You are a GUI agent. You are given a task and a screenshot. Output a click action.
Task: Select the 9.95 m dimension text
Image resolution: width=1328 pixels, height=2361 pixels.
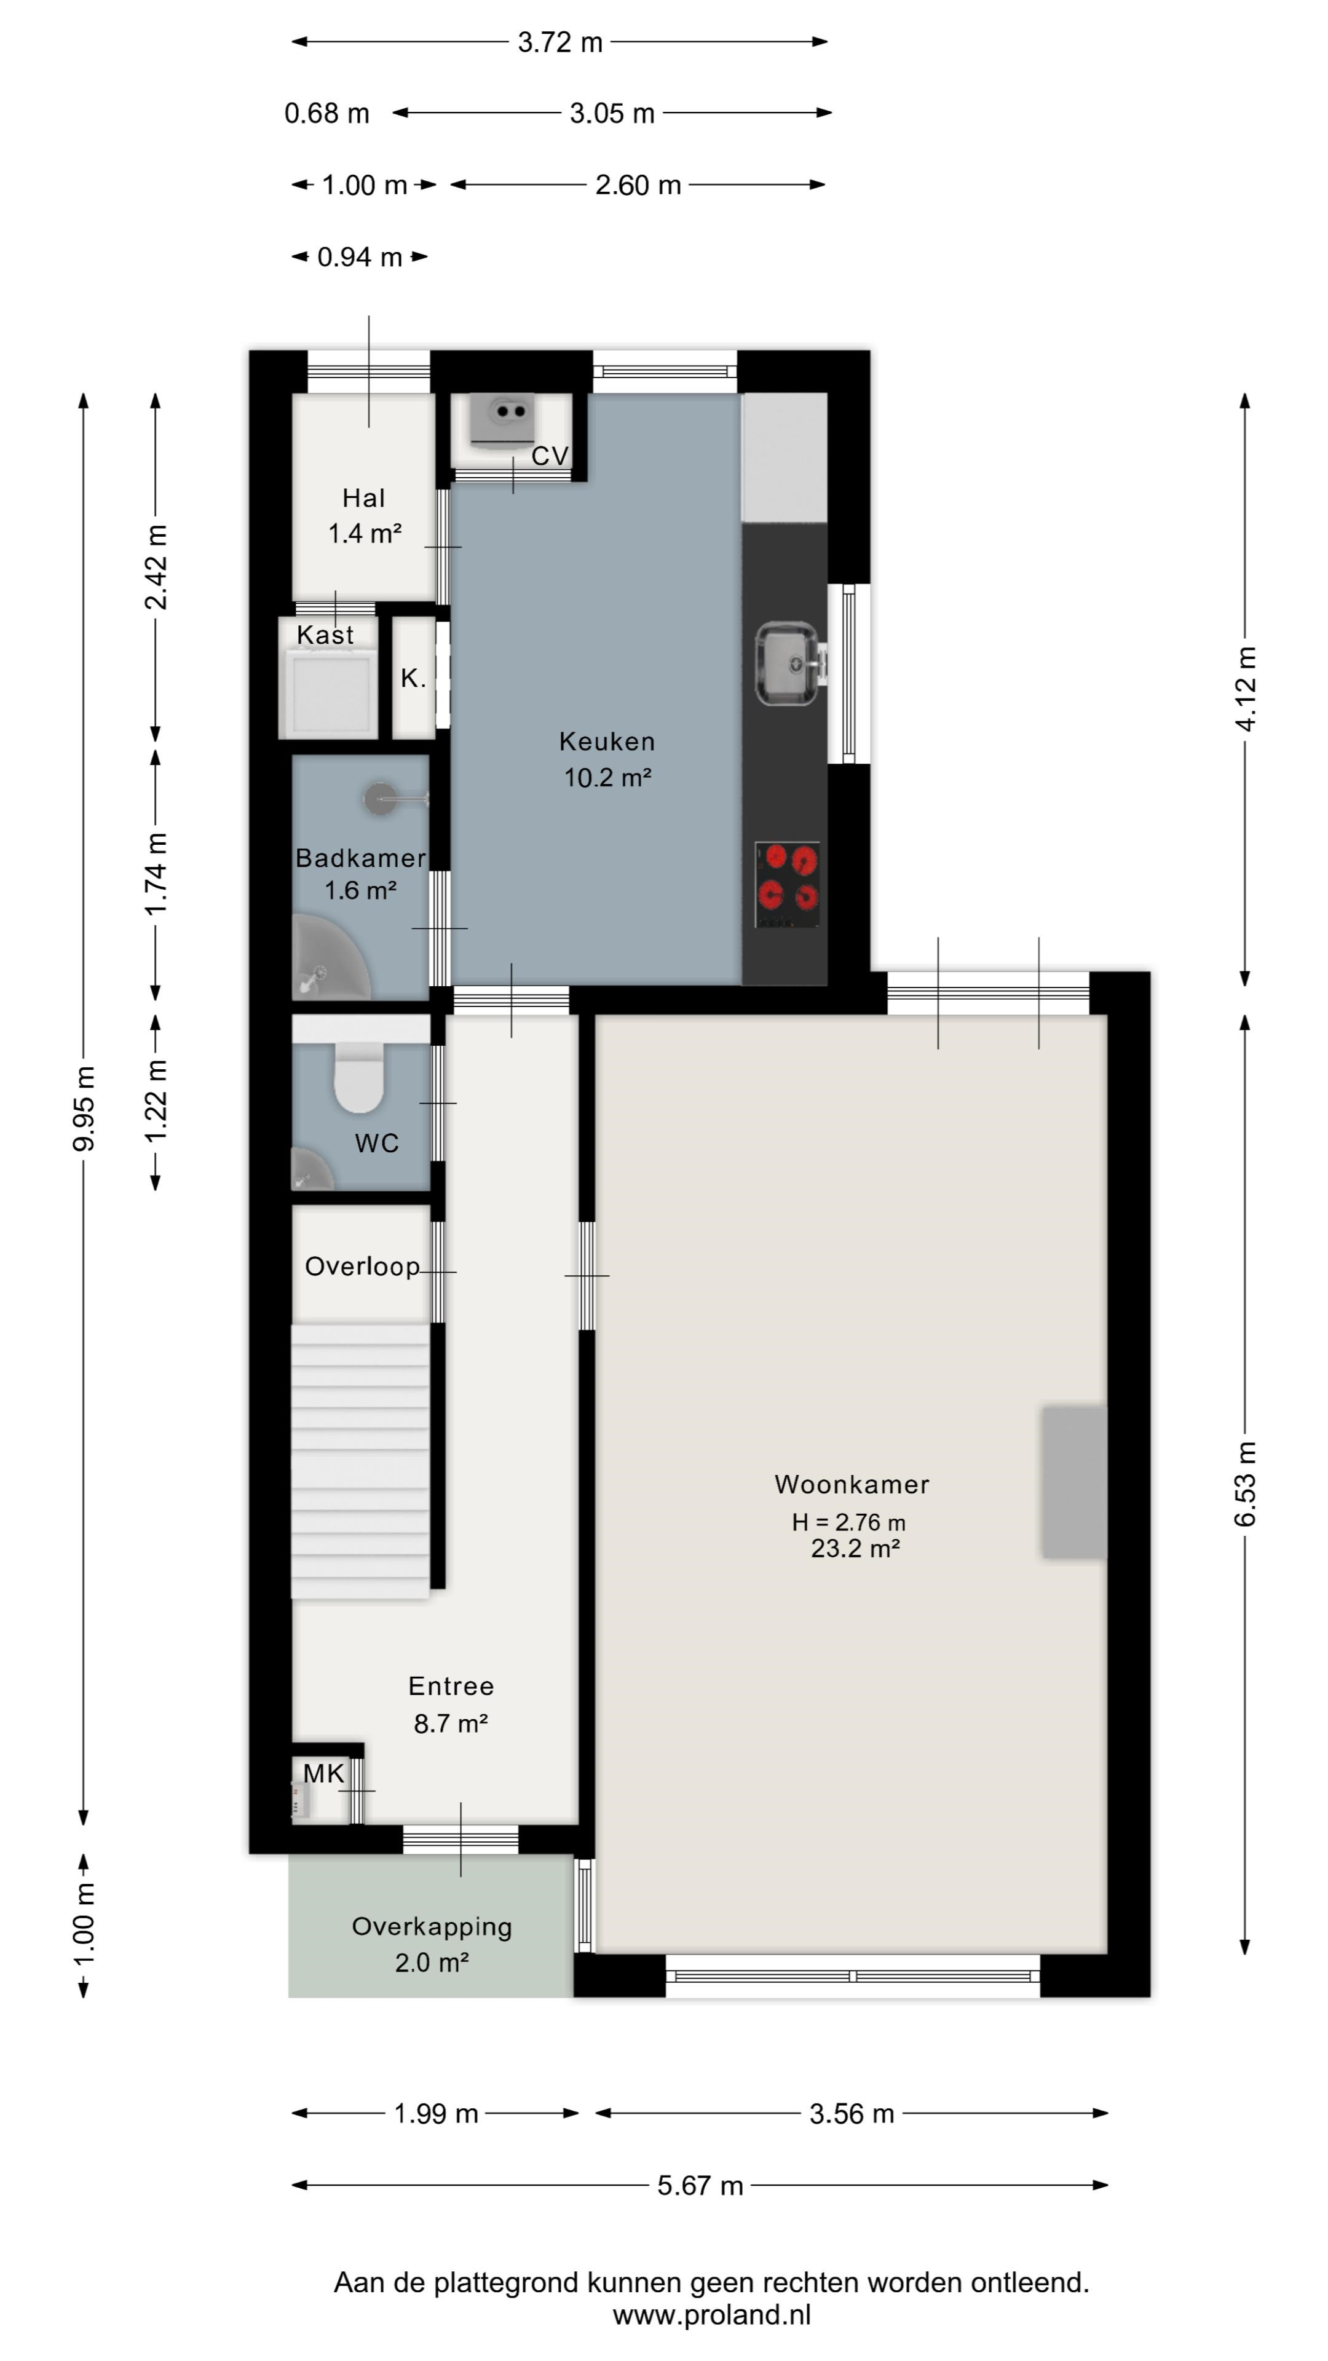[x=84, y=1109]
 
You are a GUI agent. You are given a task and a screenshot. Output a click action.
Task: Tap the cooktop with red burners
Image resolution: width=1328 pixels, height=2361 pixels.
[x=787, y=885]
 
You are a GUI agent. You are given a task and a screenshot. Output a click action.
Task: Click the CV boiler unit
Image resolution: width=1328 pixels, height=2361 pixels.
[x=502, y=421]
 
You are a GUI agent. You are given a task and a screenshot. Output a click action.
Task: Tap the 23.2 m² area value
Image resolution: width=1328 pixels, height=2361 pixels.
[x=855, y=1548]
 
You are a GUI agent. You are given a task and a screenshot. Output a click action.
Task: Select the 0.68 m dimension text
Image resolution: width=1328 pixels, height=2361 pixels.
[x=326, y=114]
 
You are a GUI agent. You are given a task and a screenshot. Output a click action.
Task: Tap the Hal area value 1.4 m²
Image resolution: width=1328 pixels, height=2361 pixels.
[x=365, y=534]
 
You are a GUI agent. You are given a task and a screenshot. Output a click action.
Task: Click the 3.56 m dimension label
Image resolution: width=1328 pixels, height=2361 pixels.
[x=852, y=2114]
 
